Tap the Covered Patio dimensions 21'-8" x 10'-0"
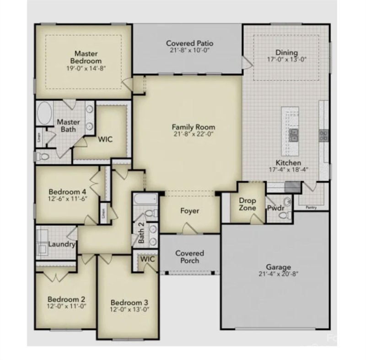[x=189, y=51]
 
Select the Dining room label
[x=286, y=52]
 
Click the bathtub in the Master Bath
[x=44, y=113]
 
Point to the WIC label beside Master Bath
[x=105, y=139]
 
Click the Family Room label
[x=193, y=127]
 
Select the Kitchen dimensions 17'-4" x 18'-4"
[x=288, y=169]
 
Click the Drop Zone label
[x=248, y=204]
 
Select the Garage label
[x=278, y=267]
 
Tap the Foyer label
[x=189, y=211]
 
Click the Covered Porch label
[x=189, y=256]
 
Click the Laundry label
[x=61, y=244]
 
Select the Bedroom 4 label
[x=68, y=191]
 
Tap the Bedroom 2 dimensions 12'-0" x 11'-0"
[x=66, y=305]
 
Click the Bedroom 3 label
[x=129, y=302]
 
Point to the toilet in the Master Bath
[x=43, y=157]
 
